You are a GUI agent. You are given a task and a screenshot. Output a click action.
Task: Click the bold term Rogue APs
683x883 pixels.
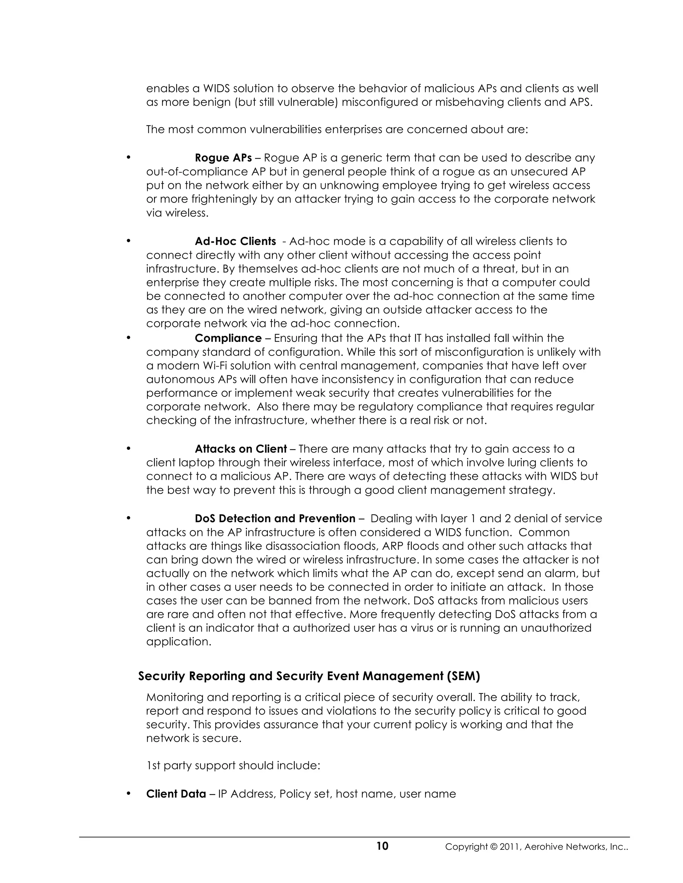[223, 158]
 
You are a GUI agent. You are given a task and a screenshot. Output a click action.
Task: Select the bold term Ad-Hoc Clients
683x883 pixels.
[235, 241]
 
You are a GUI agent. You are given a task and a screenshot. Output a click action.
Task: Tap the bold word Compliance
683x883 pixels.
[228, 338]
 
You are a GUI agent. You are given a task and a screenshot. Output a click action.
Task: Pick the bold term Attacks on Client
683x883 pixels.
[241, 449]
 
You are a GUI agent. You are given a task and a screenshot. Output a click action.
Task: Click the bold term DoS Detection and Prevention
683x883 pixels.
[275, 518]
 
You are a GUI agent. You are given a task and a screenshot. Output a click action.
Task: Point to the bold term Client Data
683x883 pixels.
[176, 794]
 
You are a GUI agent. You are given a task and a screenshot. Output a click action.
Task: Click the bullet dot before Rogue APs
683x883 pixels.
[128, 157]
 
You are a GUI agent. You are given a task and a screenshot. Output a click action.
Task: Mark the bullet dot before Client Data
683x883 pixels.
[128, 793]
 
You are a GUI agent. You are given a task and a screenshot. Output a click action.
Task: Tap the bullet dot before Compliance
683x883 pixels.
[128, 338]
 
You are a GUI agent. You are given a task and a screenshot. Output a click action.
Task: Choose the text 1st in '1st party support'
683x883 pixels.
[153, 766]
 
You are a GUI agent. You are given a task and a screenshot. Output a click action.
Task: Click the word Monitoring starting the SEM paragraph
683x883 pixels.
[174, 697]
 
